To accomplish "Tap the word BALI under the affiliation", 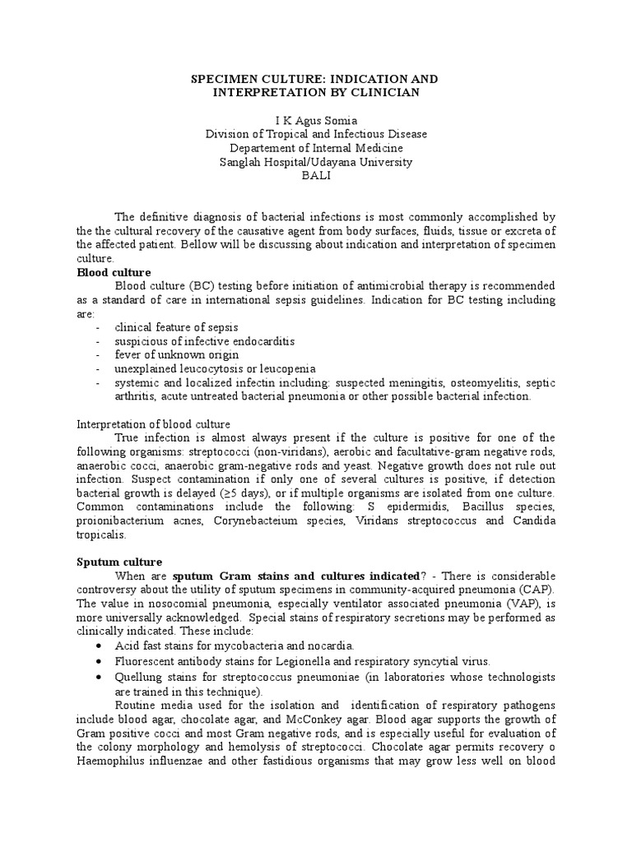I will click(316, 176).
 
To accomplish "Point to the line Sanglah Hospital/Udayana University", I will click(316, 162).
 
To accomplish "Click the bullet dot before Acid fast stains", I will click(99, 646).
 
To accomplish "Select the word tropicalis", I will click(102, 534).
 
